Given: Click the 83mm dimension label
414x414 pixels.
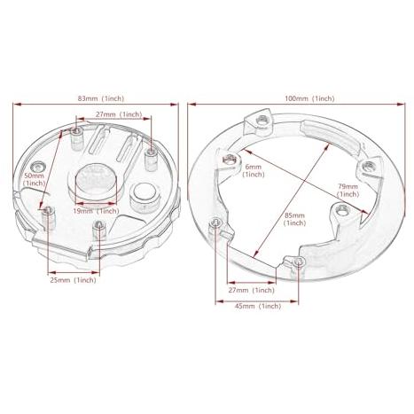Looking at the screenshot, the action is click(x=101, y=98).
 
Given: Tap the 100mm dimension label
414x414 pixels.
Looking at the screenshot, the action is click(x=309, y=98).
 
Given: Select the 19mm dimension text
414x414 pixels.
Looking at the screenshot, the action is click(x=96, y=211).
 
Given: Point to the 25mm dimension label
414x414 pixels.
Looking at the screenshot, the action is click(x=73, y=280).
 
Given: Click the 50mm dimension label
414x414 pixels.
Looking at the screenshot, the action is click(x=34, y=179).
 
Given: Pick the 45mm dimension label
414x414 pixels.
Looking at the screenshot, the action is click(x=258, y=306).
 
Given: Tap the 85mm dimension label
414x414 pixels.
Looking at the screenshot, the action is click(x=294, y=219).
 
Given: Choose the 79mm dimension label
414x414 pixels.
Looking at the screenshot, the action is click(x=348, y=191).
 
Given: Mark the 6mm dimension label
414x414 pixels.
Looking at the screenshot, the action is click(x=254, y=170).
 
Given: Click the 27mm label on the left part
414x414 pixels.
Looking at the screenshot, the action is click(x=119, y=114).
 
